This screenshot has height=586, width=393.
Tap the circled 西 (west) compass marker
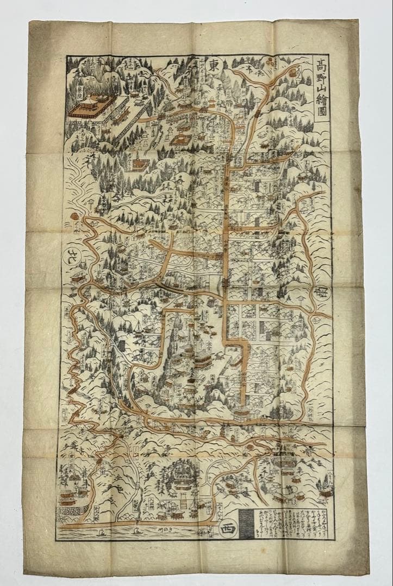225,528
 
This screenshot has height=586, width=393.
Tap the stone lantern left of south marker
300,297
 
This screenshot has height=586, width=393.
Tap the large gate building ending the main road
243,413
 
